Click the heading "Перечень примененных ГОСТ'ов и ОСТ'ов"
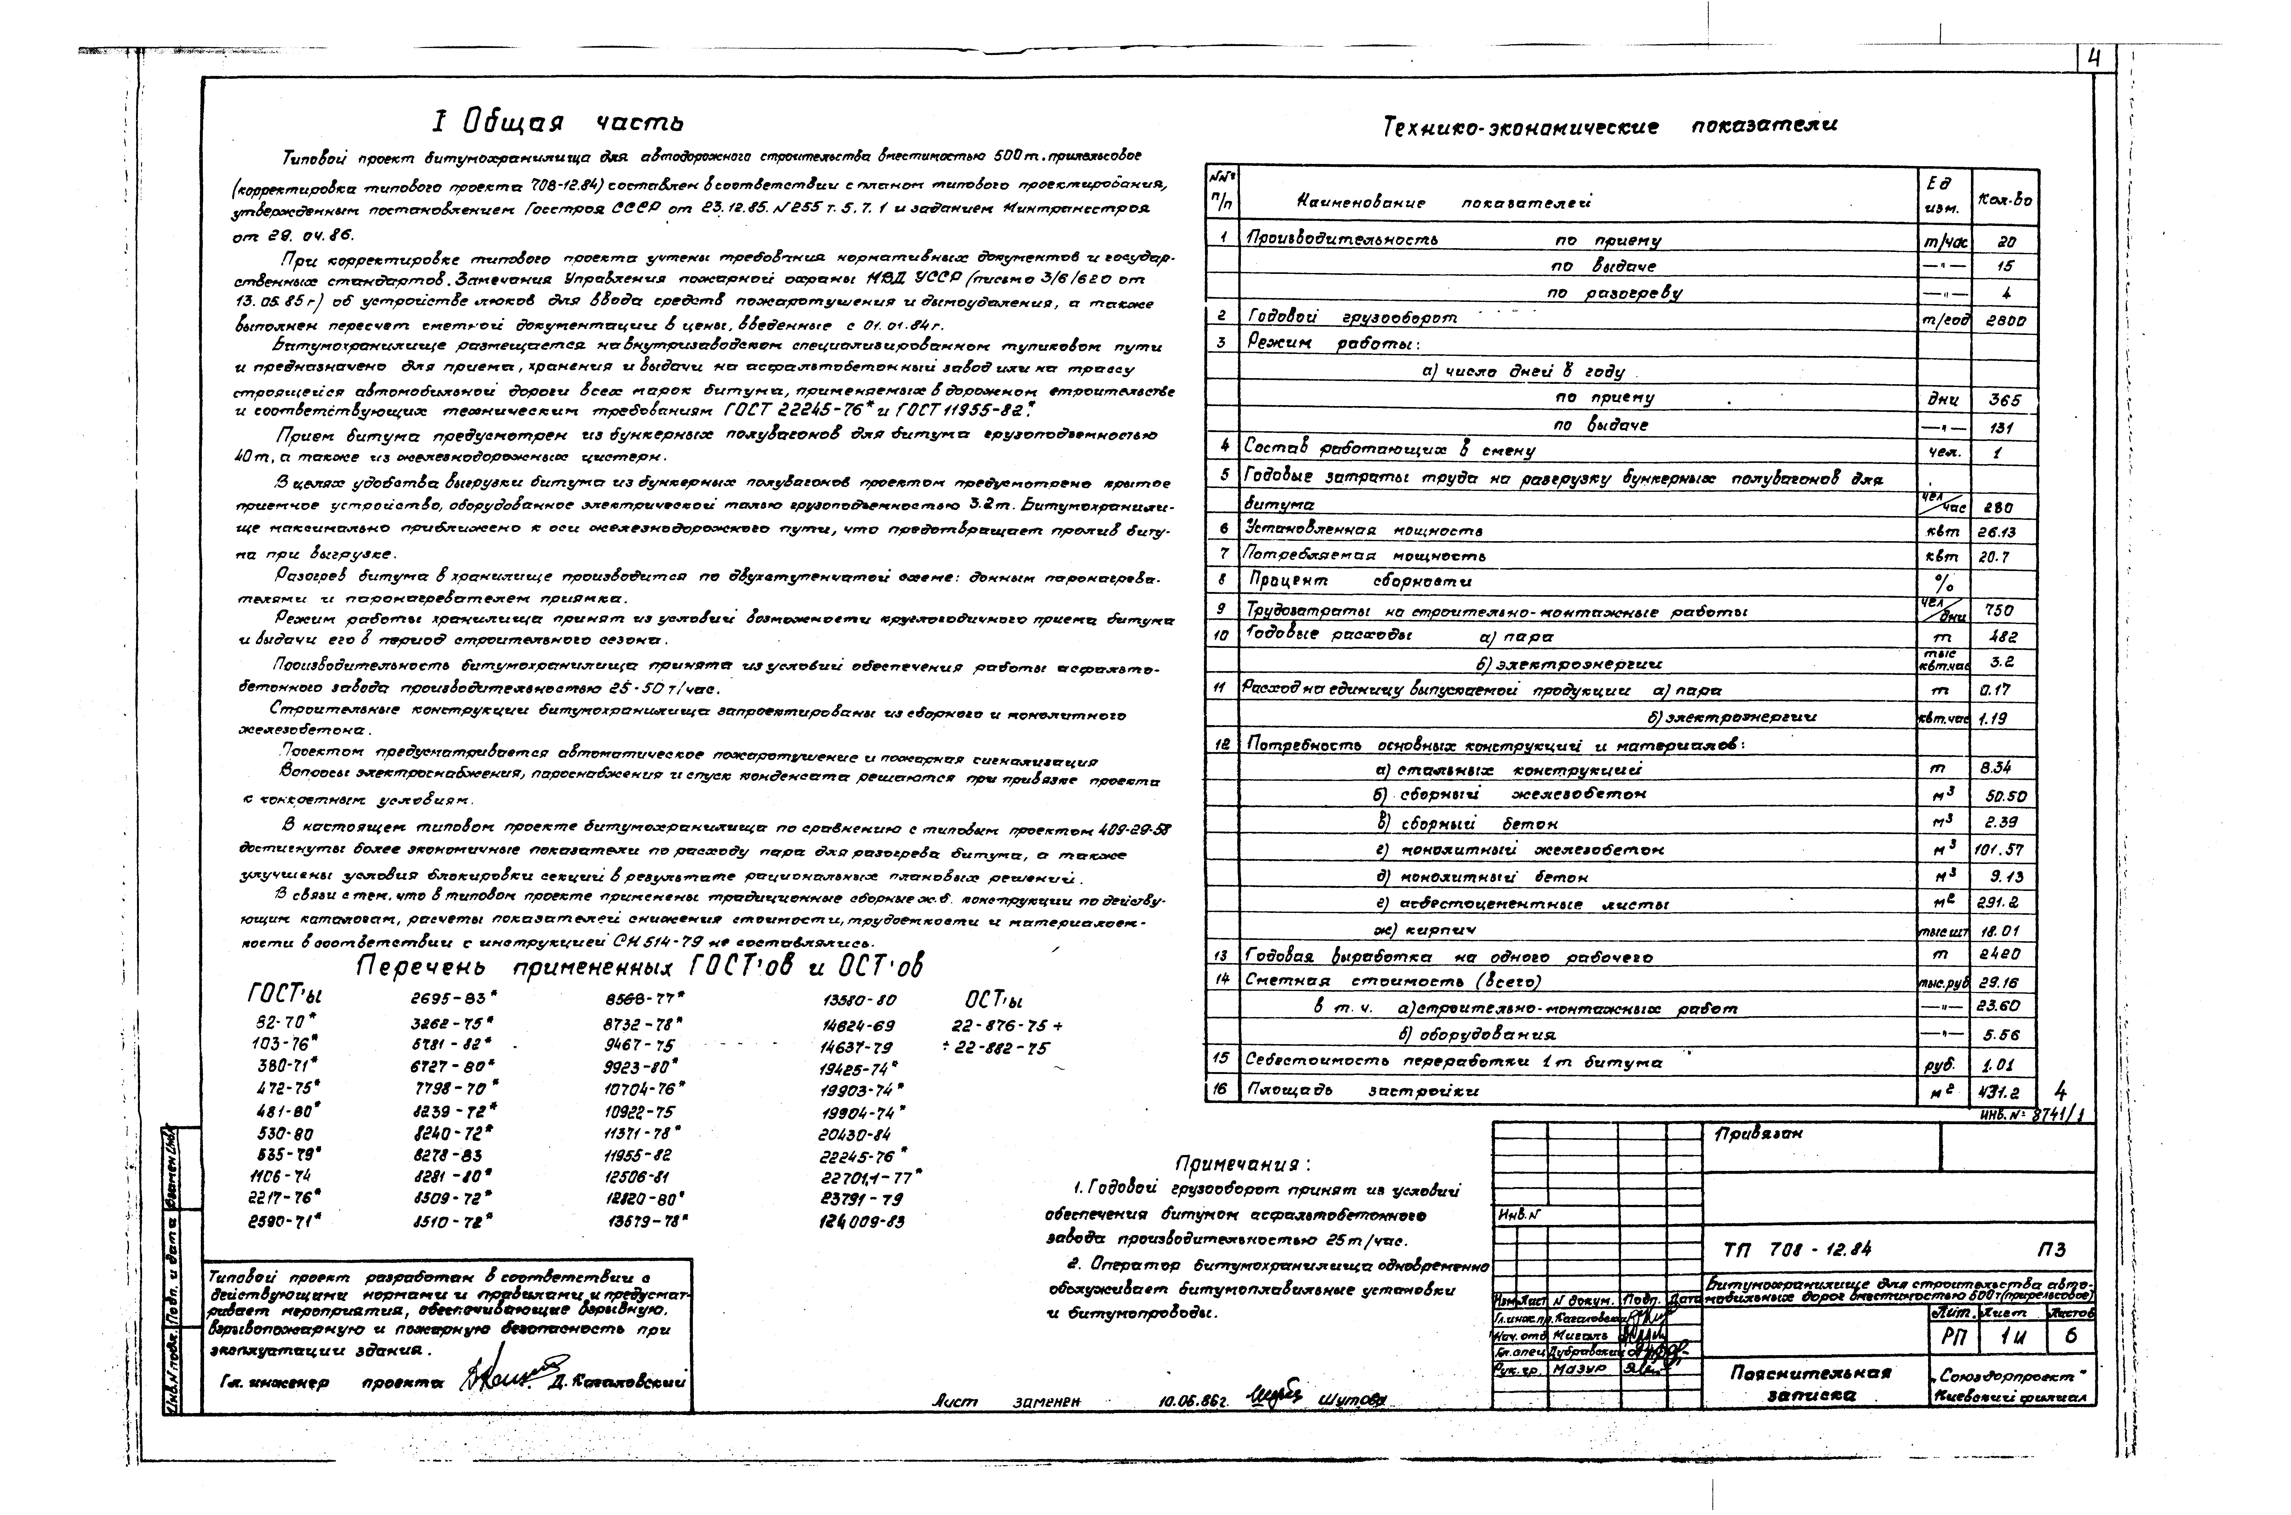(641, 966)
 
